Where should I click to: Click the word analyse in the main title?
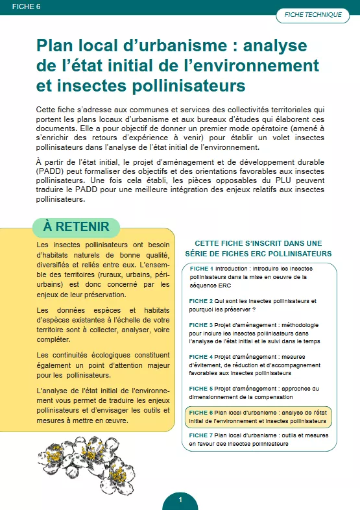pyautogui.click(x=283, y=45)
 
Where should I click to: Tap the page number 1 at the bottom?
pyautogui.click(x=180, y=500)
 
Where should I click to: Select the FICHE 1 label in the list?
pyautogui.click(x=200, y=269)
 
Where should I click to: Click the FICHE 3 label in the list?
pyautogui.click(x=200, y=325)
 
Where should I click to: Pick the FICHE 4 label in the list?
pyautogui.click(x=200, y=357)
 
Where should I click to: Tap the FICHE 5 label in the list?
pyautogui.click(x=200, y=389)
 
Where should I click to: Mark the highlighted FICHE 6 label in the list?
pyautogui.click(x=200, y=413)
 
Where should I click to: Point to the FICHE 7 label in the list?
pyautogui.click(x=200, y=435)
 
